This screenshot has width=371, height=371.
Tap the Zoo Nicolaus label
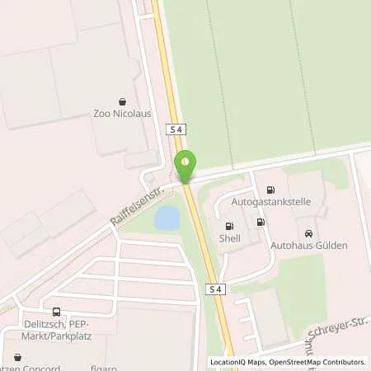pyautogui.click(x=124, y=114)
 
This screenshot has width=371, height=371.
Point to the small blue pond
pyautogui.click(x=167, y=218)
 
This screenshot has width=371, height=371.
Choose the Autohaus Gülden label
pyautogui.click(x=309, y=245)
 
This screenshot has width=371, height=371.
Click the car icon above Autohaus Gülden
pyautogui.click(x=309, y=232)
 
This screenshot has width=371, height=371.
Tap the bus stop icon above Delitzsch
pyautogui.click(x=56, y=312)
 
